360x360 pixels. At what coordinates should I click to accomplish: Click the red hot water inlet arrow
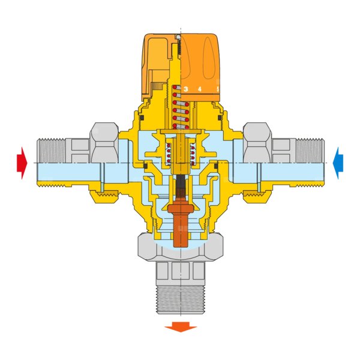pos(22,163)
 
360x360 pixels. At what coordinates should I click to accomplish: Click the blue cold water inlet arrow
pos(338,163)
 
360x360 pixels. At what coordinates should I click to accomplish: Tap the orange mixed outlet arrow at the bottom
pos(181,327)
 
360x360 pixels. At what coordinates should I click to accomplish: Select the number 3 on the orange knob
pos(186,89)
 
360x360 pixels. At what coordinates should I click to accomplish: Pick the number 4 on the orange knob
pos(200,89)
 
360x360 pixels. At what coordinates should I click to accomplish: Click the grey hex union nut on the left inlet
pos(104,143)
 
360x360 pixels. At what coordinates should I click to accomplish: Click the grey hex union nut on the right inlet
pos(257,143)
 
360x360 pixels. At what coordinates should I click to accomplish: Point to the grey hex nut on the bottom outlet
pos(181,247)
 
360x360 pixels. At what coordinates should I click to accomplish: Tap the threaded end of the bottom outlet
pos(181,300)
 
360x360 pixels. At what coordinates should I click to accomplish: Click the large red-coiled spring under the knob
pos(181,107)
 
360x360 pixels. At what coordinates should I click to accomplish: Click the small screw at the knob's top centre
pos(178,37)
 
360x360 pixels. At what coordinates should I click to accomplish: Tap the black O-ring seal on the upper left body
pos(142,118)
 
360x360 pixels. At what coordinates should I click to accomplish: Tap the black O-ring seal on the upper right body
pos(220,118)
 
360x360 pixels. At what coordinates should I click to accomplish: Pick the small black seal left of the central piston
pos(145,166)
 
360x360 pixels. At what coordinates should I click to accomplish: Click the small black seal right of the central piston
pos(216,166)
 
